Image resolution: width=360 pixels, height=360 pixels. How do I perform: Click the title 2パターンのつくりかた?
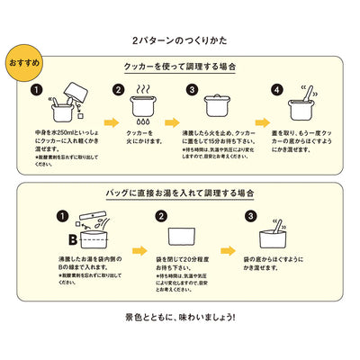180,41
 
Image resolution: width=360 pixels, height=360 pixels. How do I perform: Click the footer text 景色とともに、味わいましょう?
180,318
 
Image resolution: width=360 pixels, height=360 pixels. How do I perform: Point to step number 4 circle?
276,90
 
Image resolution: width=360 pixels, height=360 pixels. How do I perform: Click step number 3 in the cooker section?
192,90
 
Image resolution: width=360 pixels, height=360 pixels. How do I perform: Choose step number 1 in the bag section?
62,217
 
